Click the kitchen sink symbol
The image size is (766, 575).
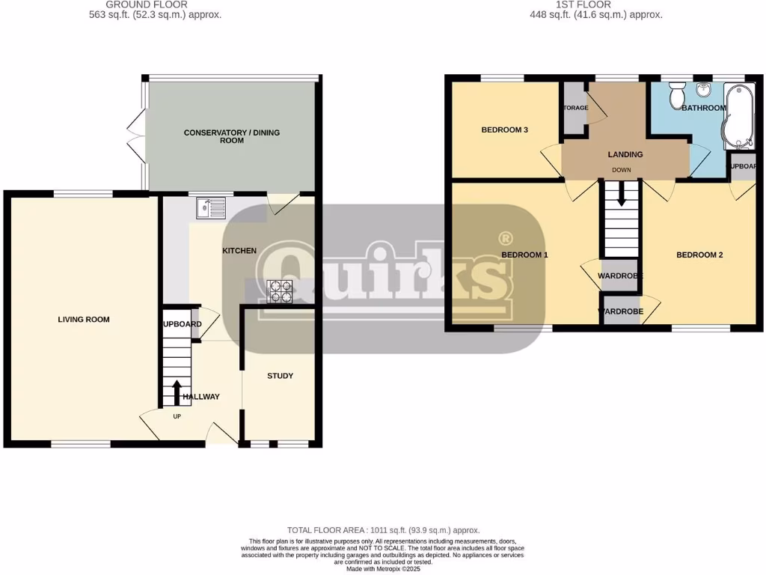pos(211,207)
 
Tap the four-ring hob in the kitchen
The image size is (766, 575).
pos(280,292)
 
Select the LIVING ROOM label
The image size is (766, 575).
pos(84,320)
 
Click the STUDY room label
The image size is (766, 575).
pos(281,376)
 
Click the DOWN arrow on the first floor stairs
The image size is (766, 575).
pos(621,196)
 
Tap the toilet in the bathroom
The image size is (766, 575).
pos(678,97)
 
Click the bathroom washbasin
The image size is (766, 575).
pos(703,91)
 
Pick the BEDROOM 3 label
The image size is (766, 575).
pos(505,130)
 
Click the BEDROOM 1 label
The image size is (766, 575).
pos(524,255)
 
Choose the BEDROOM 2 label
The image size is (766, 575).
pos(699,255)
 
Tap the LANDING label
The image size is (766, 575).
pos(625,155)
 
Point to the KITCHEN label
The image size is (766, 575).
pos(239,251)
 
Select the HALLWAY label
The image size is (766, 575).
pos(201,397)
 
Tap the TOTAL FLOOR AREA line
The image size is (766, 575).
pos(383,530)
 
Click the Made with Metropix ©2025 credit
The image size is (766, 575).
pos(383,569)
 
